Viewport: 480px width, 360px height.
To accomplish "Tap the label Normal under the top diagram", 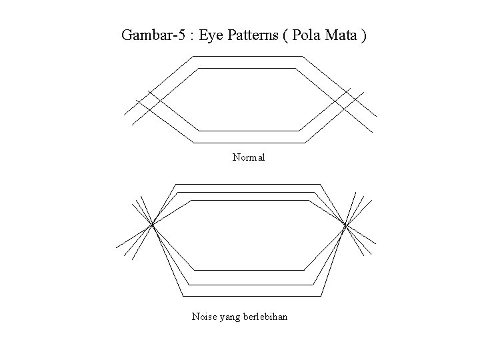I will click(249, 158).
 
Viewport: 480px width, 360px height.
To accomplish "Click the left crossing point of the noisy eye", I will click(153, 225).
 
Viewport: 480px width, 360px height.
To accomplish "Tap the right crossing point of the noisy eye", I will click(345, 226).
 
